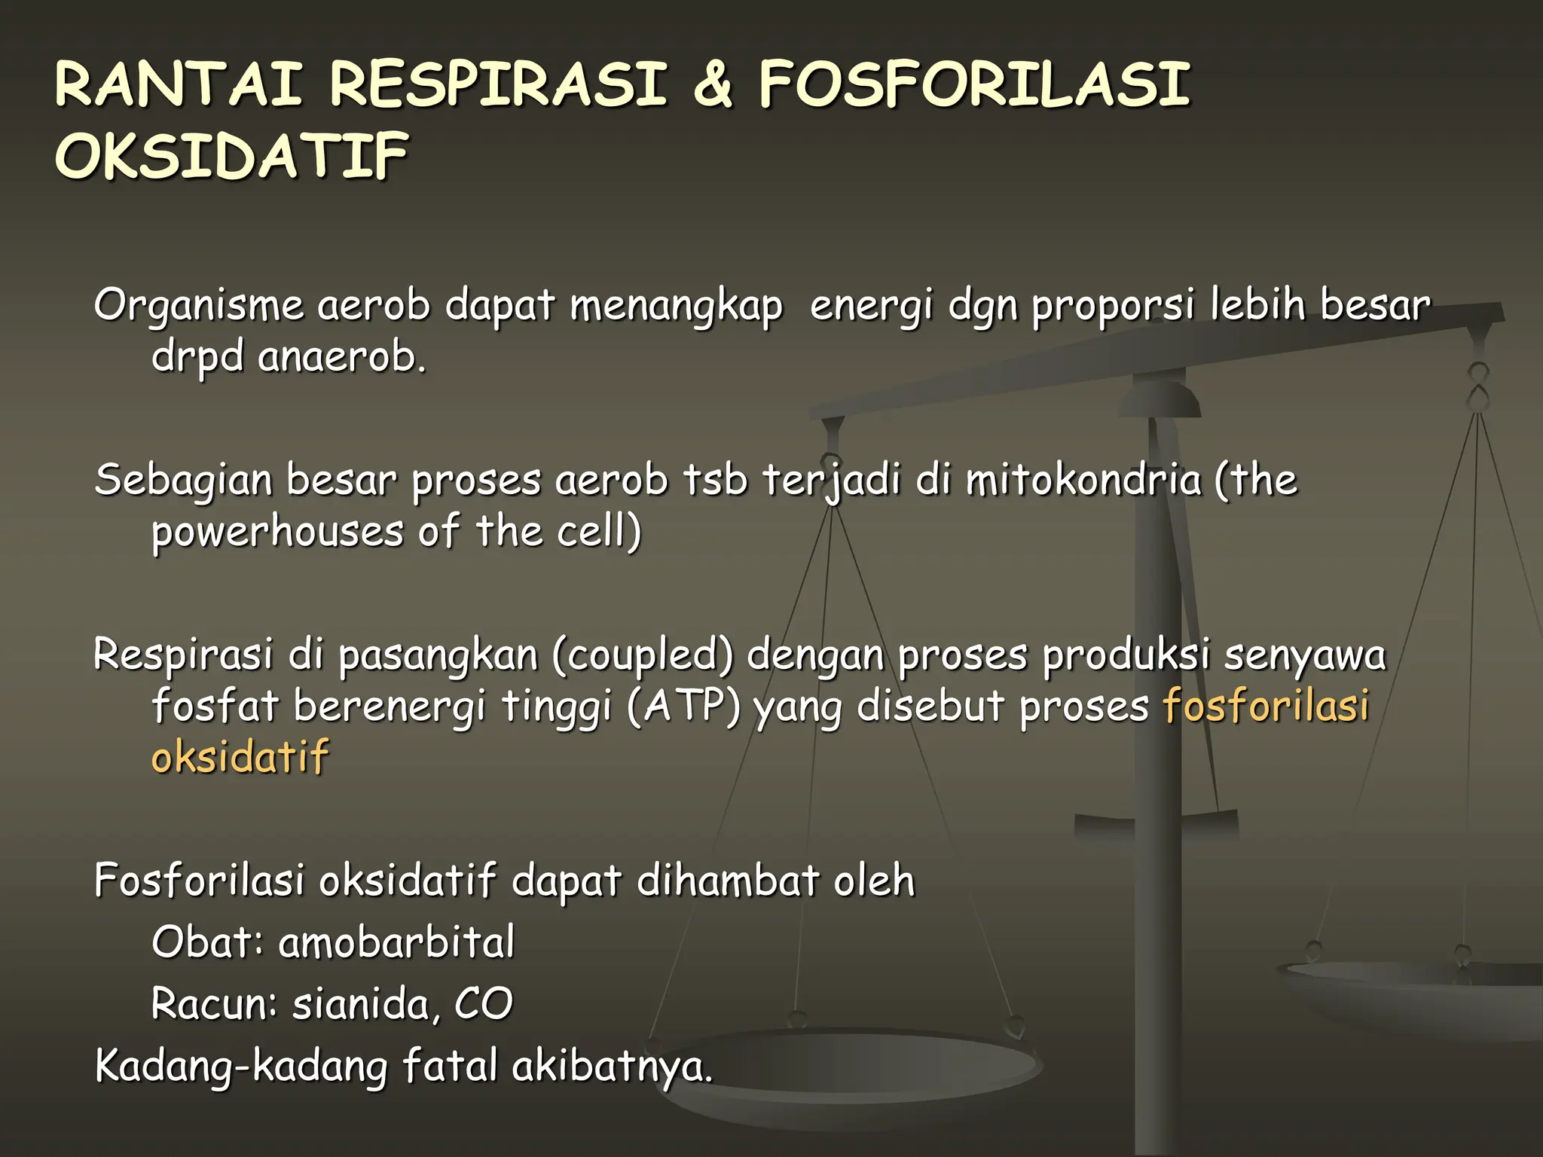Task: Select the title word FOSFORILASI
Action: (974, 84)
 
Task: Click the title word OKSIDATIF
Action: (232, 156)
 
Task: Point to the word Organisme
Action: (198, 307)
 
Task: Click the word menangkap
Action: (676, 307)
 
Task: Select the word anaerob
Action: (343, 356)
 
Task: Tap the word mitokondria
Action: (1083, 480)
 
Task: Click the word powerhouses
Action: (278, 531)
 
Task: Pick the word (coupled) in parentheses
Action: (642, 655)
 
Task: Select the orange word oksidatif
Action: (240, 756)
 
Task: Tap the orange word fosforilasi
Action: (1266, 707)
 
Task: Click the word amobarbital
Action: (396, 942)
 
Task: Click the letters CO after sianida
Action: (484, 1004)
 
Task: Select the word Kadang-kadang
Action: (241, 1067)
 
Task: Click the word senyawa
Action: (1304, 655)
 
